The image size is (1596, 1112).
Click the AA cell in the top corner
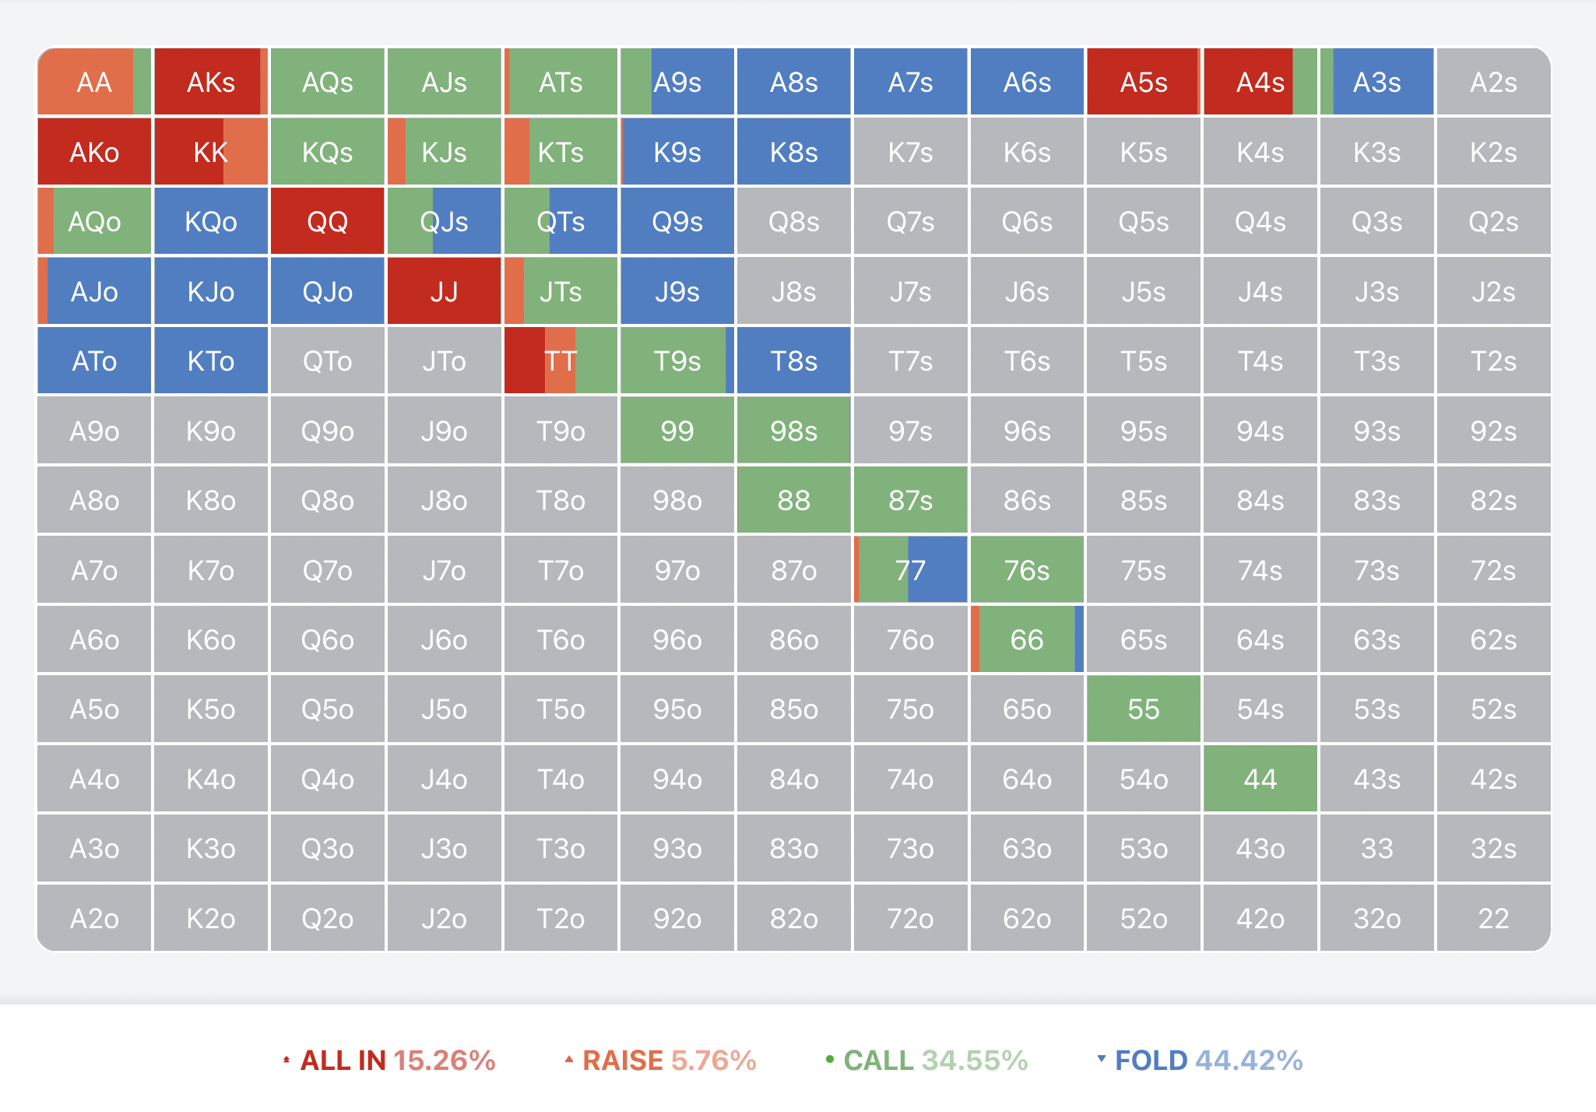pyautogui.click(x=94, y=82)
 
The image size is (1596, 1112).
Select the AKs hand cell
pyautogui.click(x=211, y=82)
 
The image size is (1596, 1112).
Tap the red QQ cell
pyautogui.click(x=327, y=222)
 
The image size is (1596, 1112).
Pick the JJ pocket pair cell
pyautogui.click(x=444, y=292)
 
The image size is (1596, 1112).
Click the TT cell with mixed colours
pyautogui.click(x=561, y=361)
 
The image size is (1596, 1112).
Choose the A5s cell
pyautogui.click(x=1143, y=82)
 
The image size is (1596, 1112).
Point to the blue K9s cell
pyautogui.click(x=677, y=152)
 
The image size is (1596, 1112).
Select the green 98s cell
pyautogui.click(x=793, y=431)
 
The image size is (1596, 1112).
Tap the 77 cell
pyautogui.click(x=910, y=570)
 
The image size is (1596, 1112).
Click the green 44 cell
pyautogui.click(x=1260, y=779)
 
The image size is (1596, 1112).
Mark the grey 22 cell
pyautogui.click(x=1492, y=918)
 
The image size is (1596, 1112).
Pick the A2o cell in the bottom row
pyautogui.click(x=94, y=918)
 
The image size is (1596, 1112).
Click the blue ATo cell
pyautogui.click(x=94, y=361)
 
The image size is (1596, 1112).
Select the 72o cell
pyautogui.click(x=910, y=918)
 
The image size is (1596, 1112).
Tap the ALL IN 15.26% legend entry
pyautogui.click(x=389, y=1060)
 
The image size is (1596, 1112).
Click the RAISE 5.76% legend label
pyautogui.click(x=661, y=1060)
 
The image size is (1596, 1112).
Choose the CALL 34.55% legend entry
pyautogui.click(x=927, y=1060)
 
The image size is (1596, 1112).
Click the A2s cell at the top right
pyautogui.click(x=1492, y=82)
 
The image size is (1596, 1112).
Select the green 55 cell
pyautogui.click(x=1143, y=709)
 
